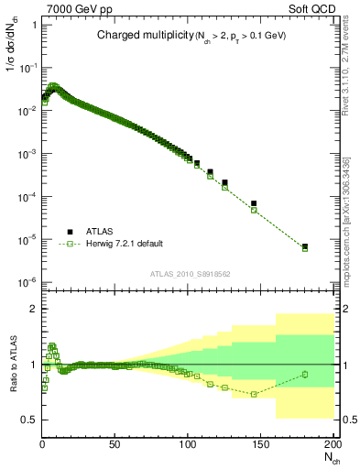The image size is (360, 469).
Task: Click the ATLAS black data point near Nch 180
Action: [305, 246]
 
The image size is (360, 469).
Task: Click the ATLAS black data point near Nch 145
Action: [254, 203]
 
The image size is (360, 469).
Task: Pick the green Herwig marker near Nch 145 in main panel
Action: [254, 211]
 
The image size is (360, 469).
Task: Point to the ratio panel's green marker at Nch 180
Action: [305, 374]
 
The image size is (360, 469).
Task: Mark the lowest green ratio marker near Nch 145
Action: [254, 394]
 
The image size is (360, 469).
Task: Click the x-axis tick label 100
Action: [187, 443]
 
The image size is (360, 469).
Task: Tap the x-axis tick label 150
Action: [259, 443]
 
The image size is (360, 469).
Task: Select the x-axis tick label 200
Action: [331, 443]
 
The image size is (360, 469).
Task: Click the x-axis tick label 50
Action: [115, 443]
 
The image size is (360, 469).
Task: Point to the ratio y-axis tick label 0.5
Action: [29, 420]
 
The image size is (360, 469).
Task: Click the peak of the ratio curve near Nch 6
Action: [51, 346]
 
